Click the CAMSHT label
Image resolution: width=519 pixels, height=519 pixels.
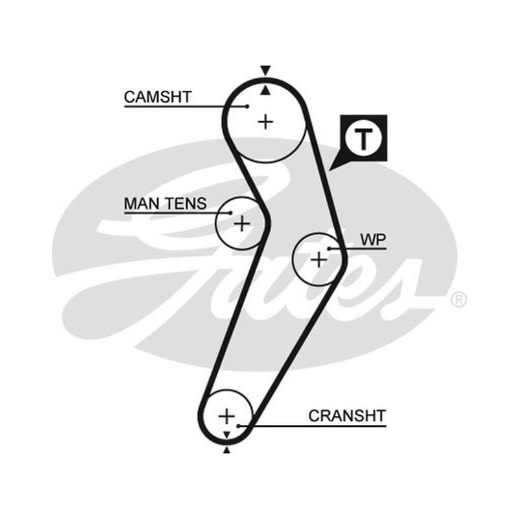click(x=158, y=97)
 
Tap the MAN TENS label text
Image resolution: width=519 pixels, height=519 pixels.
click(x=165, y=204)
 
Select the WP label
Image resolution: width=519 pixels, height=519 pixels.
click(x=373, y=239)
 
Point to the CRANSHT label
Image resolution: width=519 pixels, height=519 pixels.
click(x=347, y=416)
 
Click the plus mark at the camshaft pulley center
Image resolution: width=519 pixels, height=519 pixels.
click(x=265, y=123)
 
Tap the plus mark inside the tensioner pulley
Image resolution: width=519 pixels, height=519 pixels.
click(x=242, y=224)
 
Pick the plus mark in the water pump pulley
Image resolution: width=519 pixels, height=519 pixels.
click(x=319, y=259)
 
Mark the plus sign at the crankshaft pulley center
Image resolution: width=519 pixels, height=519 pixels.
click(x=226, y=416)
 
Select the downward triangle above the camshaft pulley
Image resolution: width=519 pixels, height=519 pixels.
click(x=265, y=71)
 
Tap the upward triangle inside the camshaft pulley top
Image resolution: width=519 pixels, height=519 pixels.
click(x=265, y=90)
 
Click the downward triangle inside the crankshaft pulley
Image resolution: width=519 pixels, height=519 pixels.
click(x=226, y=435)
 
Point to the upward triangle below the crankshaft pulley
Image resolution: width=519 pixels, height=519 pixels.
click(x=226, y=450)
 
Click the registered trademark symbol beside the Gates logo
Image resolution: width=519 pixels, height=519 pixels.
click(x=459, y=300)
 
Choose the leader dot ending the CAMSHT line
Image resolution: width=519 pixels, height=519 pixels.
click(x=247, y=106)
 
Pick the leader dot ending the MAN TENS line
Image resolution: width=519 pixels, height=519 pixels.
click(x=231, y=213)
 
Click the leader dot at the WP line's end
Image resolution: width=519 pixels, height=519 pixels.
click(x=330, y=248)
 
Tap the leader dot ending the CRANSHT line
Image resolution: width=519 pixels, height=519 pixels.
click(x=238, y=426)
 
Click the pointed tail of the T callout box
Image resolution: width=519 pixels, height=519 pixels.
click(x=329, y=171)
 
